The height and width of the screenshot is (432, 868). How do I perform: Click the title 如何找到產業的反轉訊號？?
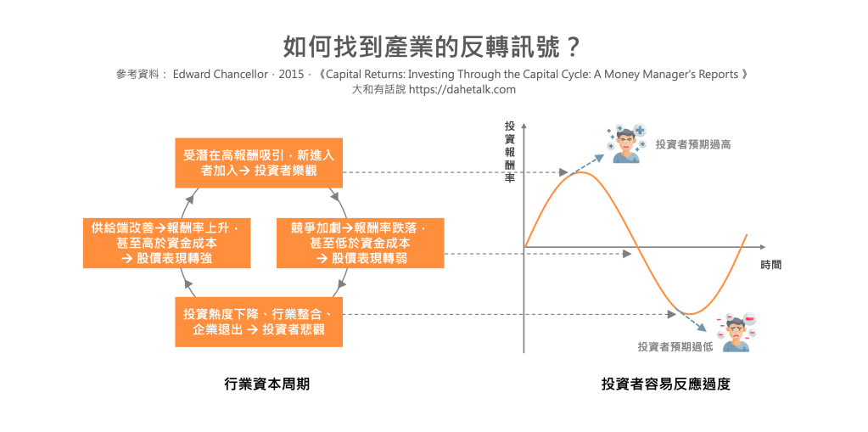coord(432,48)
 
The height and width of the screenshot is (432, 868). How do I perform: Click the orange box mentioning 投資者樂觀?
coord(259,163)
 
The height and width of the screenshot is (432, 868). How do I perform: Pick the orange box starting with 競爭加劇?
coord(361,243)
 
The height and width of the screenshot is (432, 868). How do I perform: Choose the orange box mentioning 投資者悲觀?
coord(259,322)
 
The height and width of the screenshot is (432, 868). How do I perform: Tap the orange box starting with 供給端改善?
coord(166,243)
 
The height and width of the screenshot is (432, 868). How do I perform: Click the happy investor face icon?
coord(626,143)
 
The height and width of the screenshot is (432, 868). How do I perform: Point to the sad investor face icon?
coord(736,333)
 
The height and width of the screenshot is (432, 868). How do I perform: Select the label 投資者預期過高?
coord(693,144)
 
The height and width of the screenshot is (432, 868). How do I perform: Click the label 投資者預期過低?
coord(675,347)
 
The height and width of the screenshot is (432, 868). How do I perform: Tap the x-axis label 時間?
coord(771,265)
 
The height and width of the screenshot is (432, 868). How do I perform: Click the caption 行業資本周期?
coord(266,384)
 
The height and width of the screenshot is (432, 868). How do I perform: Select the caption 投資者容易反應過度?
coord(666,384)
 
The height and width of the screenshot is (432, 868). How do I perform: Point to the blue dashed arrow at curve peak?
coord(587,165)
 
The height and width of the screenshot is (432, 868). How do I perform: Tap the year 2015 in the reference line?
coord(291,74)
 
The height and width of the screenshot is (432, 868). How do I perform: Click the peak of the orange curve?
coord(580,172)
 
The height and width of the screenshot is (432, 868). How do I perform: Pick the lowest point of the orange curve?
coord(691,314)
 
